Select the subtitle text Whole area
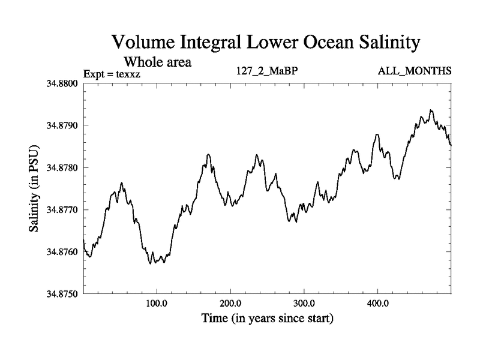[157, 61]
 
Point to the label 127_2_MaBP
[267, 71]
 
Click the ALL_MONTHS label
[414, 71]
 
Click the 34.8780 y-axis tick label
[61, 167]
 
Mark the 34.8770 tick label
[61, 209]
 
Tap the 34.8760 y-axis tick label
[61, 252]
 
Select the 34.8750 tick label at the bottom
[61, 294]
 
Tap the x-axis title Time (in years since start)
[266, 318]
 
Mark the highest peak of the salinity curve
[431, 110]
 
